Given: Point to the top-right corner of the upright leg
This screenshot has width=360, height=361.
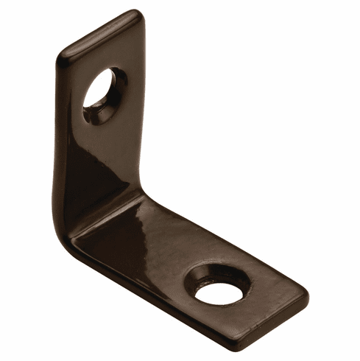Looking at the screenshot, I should [x=138, y=15].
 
